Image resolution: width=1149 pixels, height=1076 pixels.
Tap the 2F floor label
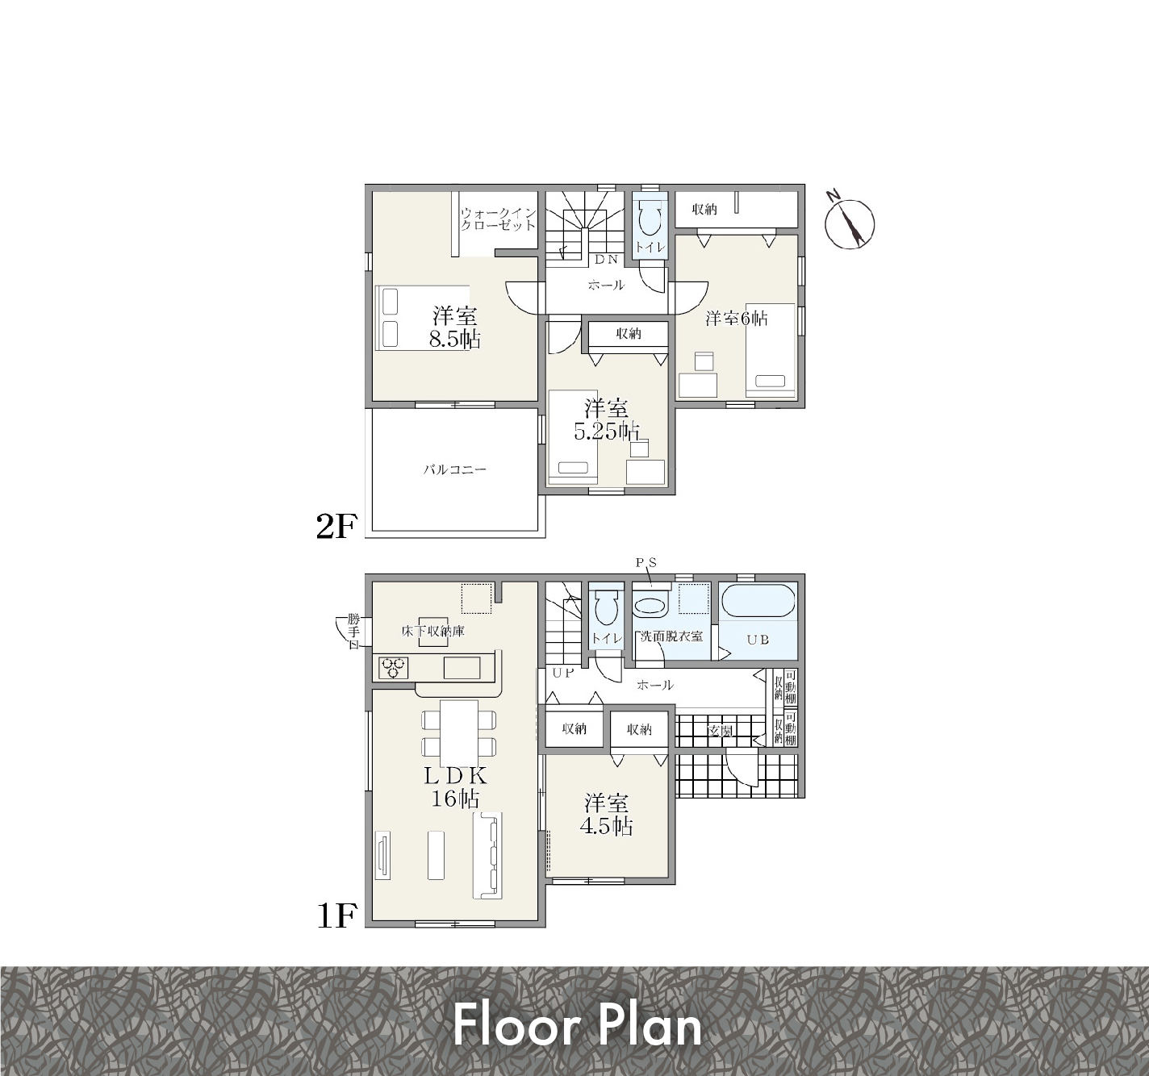point(335,527)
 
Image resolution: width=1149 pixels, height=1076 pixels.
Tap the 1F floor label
point(336,915)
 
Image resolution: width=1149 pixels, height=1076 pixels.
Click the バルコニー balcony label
point(454,469)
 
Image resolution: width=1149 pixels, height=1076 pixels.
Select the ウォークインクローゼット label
point(498,219)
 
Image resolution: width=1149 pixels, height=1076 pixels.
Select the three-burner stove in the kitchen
point(394,668)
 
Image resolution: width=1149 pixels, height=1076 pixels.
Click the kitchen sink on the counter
point(462,668)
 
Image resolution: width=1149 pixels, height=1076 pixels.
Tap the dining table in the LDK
point(459,733)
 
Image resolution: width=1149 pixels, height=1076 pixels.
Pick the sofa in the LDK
point(487,856)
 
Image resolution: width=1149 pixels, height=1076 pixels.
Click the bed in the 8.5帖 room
point(422,318)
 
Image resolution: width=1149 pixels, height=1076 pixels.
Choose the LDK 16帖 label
point(455,786)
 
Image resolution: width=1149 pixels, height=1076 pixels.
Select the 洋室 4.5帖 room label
point(606,815)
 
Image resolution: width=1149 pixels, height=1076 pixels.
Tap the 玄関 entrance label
point(720,732)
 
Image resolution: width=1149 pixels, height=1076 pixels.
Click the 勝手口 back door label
point(353,631)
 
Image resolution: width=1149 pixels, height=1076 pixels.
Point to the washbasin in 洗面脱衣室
point(651,607)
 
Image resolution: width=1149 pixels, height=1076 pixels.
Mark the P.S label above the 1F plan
point(647,562)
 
